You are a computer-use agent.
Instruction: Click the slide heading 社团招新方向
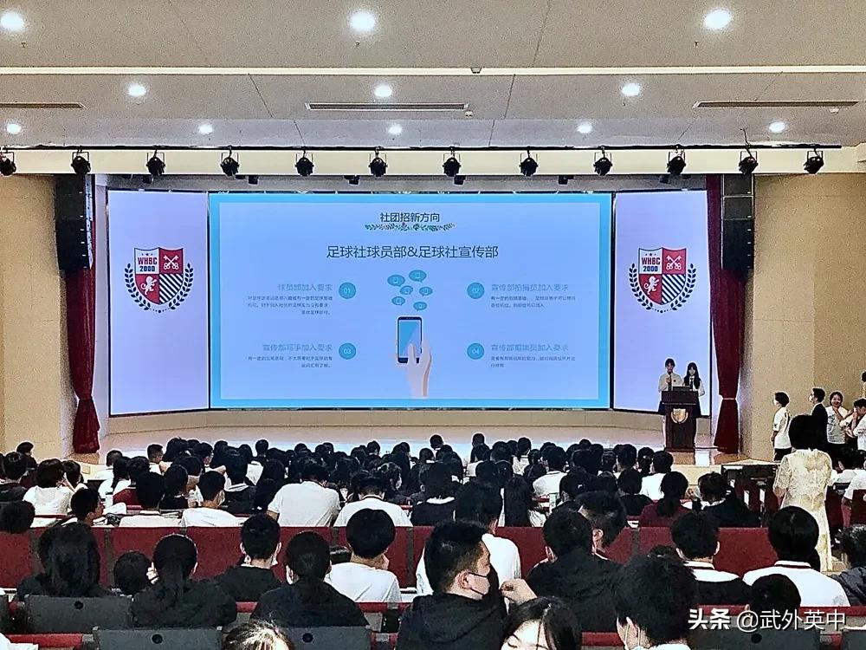(410, 214)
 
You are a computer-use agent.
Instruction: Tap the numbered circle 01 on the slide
(347, 290)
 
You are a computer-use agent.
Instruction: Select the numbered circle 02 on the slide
(475, 290)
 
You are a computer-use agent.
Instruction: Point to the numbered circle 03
(347, 351)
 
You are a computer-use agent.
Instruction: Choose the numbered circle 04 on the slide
(475, 351)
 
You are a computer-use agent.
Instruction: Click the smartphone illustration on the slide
(410, 340)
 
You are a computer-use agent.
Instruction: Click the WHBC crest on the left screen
(159, 278)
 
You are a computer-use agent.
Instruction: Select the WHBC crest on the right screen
(662, 278)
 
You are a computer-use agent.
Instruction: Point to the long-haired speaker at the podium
(692, 378)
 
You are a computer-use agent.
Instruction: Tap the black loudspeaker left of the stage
(74, 222)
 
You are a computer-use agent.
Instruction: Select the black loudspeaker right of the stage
(737, 222)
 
